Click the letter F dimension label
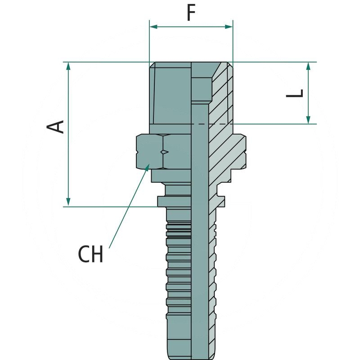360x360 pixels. tap(191, 13)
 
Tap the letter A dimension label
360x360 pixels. tap(56, 127)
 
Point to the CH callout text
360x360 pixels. tap(91, 254)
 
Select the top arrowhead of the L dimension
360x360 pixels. tap(308, 66)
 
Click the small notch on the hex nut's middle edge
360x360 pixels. tap(165, 152)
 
